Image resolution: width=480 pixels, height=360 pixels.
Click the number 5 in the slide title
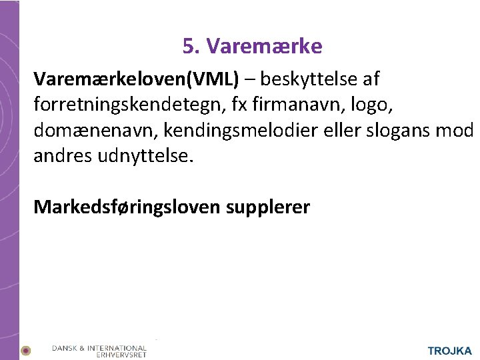(189, 46)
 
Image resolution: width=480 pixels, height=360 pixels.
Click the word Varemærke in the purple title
(264, 46)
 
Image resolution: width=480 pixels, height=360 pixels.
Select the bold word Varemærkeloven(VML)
(136, 79)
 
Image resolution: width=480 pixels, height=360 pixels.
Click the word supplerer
(267, 207)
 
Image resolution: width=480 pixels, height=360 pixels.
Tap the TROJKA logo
(449, 351)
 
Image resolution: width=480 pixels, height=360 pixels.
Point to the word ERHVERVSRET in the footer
(121, 355)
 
